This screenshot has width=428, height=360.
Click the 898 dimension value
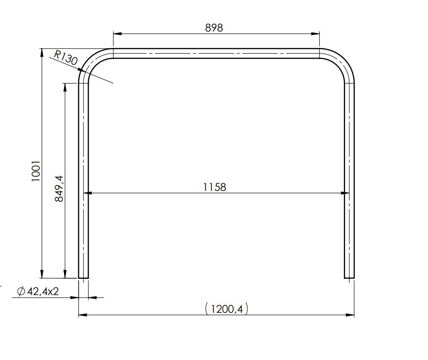(x=214, y=28)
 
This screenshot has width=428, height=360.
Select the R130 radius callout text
(x=65, y=58)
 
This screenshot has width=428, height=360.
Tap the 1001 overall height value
(x=35, y=170)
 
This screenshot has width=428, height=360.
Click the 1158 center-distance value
(x=214, y=187)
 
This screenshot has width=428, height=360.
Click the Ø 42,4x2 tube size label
(x=37, y=291)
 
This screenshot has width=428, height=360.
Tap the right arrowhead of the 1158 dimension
(x=345, y=193)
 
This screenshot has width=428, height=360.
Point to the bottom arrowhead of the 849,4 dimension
(x=64, y=275)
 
